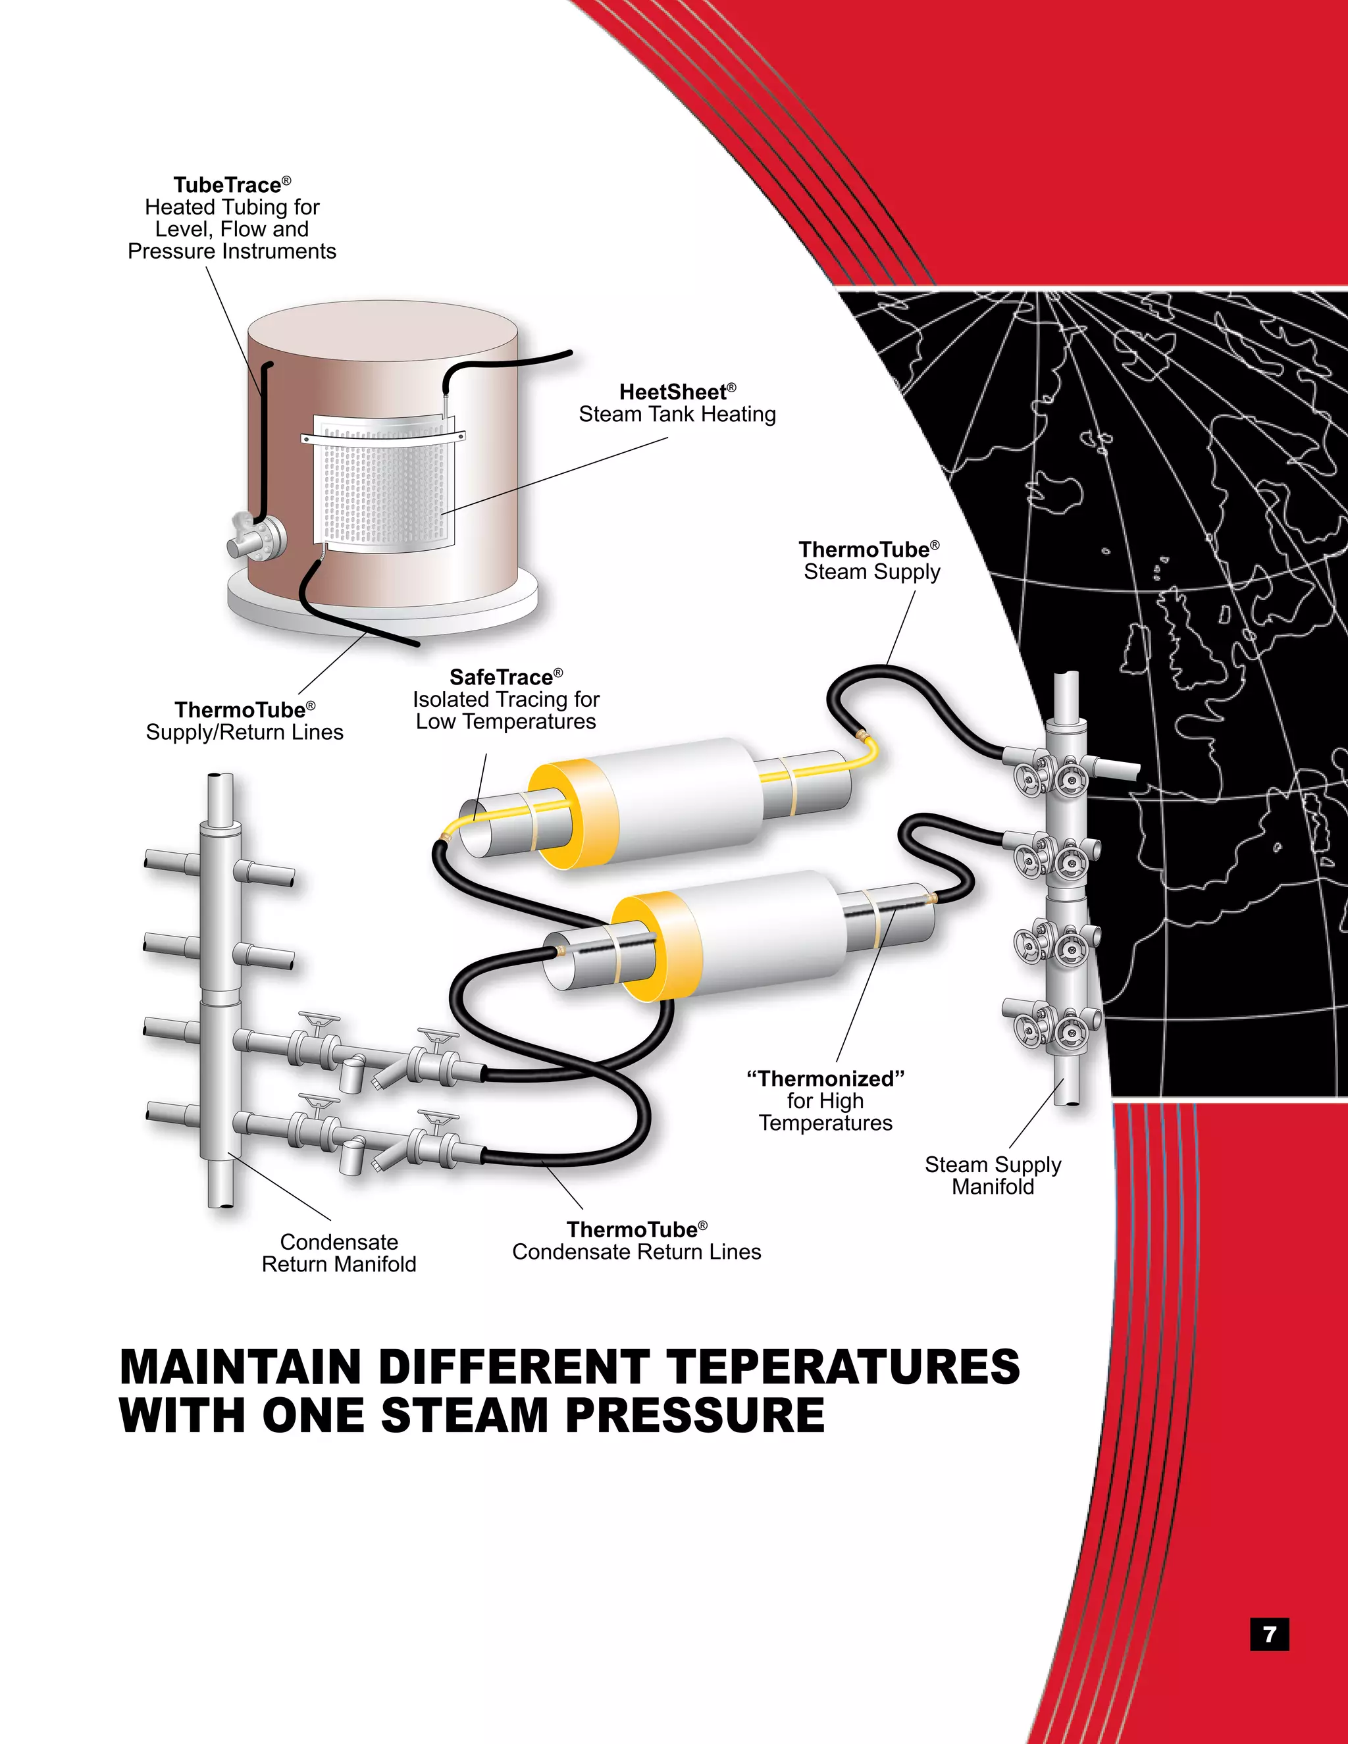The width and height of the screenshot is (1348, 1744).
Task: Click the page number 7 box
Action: tap(1269, 1635)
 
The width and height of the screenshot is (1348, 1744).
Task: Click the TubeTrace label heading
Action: tap(228, 186)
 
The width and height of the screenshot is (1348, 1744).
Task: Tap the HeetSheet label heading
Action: tap(673, 392)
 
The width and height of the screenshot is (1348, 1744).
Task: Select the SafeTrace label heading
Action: tap(502, 677)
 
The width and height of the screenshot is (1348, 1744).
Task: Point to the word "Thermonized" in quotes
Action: tap(826, 1079)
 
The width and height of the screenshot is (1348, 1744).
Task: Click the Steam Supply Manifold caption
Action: tap(993, 1175)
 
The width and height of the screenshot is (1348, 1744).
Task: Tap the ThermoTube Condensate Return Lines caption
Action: tap(636, 1241)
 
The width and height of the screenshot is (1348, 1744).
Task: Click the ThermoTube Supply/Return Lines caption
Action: tap(244, 721)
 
